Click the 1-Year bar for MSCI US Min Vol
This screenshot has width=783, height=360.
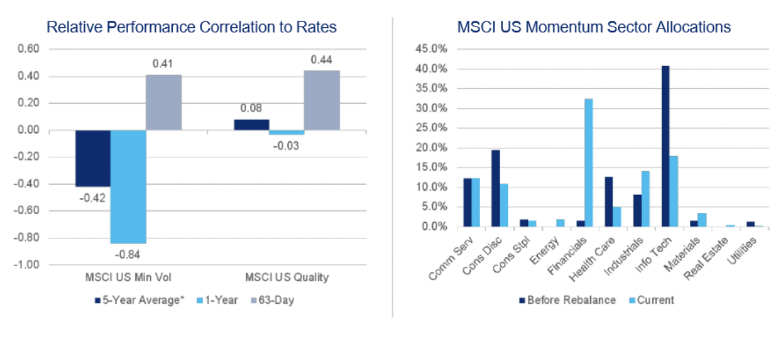(128, 186)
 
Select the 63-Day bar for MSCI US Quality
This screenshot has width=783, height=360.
(322, 100)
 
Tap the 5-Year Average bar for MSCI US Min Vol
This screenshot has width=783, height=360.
(93, 158)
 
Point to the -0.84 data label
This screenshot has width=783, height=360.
(128, 253)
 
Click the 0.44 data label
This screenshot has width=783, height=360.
(322, 60)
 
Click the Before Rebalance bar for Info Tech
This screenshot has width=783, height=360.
(665, 146)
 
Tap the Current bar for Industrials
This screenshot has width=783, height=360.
(645, 199)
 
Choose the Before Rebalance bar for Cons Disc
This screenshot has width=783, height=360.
(495, 188)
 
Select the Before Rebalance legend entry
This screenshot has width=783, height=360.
(566, 300)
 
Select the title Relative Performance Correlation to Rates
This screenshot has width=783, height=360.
(192, 27)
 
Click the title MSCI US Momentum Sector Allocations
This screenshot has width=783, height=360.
(594, 27)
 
